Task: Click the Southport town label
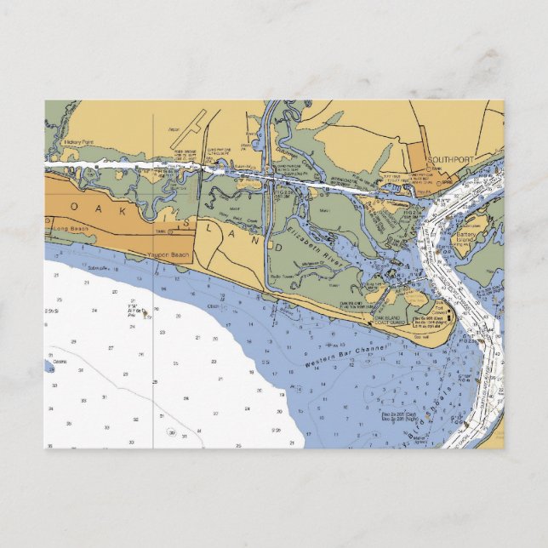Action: coord(448,159)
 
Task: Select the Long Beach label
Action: coord(70,230)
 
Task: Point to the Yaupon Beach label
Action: coord(168,254)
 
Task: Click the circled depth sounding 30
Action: coord(172,432)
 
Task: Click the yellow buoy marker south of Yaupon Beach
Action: coord(146,311)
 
